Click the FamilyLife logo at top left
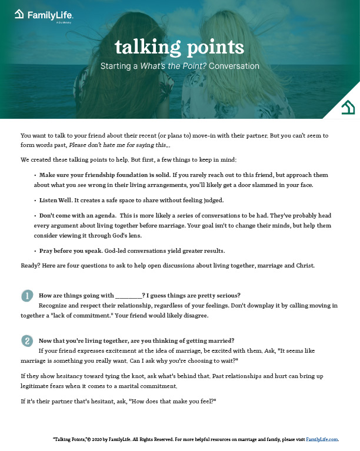pyautogui.click(x=44, y=14)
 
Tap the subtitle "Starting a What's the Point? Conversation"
pyautogui.click(x=179, y=66)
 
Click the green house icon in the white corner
pyautogui.click(x=348, y=108)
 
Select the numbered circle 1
pyautogui.click(x=26, y=296)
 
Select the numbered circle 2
pyautogui.click(x=26, y=340)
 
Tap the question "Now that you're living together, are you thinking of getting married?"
pyautogui.click(x=136, y=340)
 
